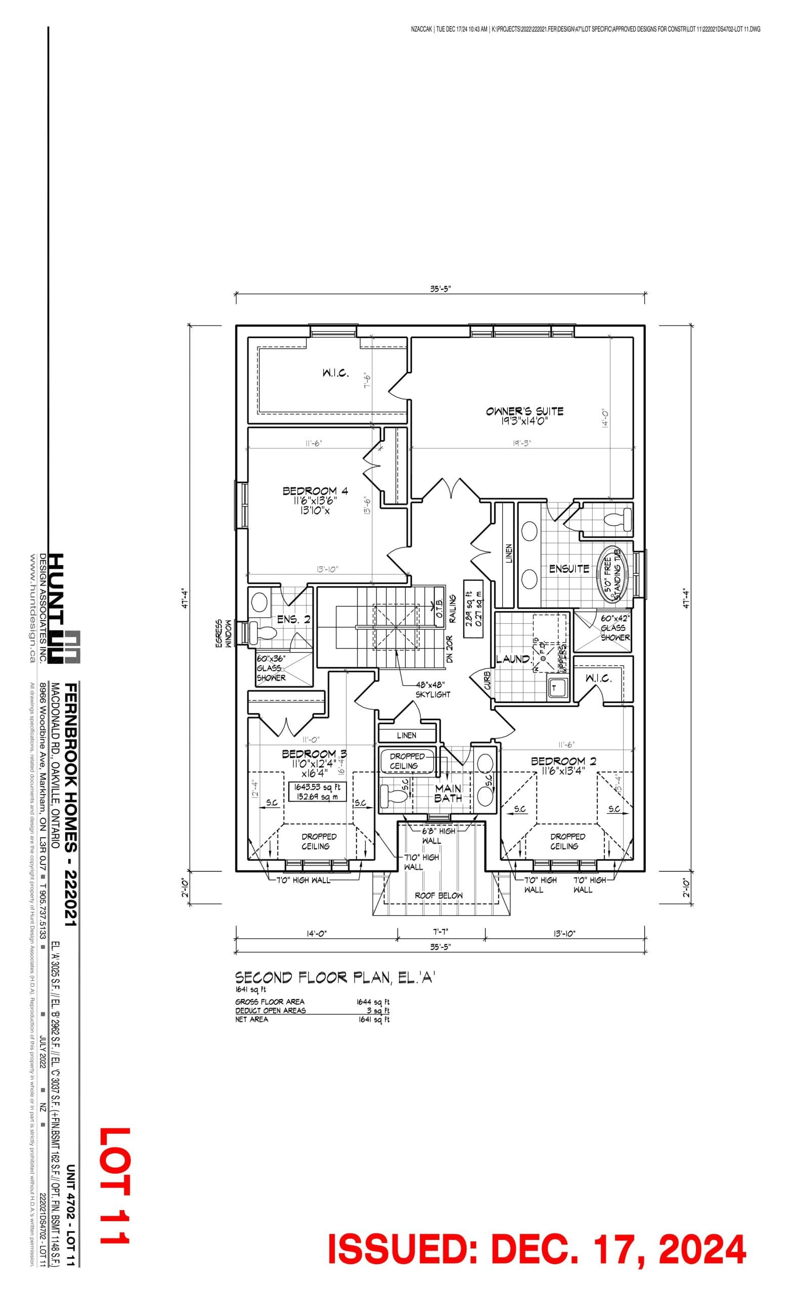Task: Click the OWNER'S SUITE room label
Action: (524, 411)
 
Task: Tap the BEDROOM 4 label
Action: (315, 491)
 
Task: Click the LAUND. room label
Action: (513, 659)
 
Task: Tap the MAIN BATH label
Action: (448, 793)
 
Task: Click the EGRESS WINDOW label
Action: (223, 634)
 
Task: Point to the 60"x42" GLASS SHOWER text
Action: (615, 628)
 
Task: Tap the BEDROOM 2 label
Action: (563, 761)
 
